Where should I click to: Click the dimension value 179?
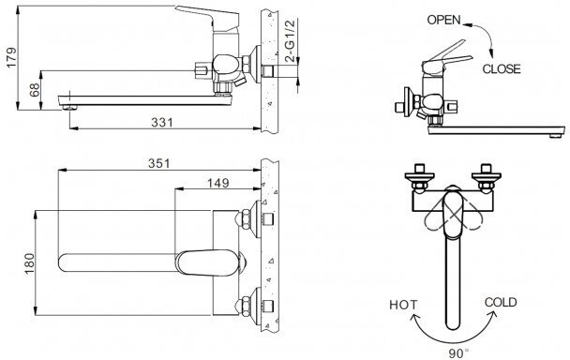pyautogui.click(x=11, y=57)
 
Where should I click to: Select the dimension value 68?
pyautogui.click(x=35, y=90)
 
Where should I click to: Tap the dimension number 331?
pyautogui.click(x=162, y=122)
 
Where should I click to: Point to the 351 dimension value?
pyautogui.click(x=158, y=163)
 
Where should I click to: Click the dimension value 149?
pyautogui.click(x=218, y=183)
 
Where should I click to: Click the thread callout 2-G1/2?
pyautogui.click(x=291, y=41)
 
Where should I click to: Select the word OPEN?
pyautogui.click(x=443, y=20)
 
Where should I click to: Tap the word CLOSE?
pyautogui.click(x=502, y=68)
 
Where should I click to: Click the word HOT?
pyautogui.click(x=403, y=305)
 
